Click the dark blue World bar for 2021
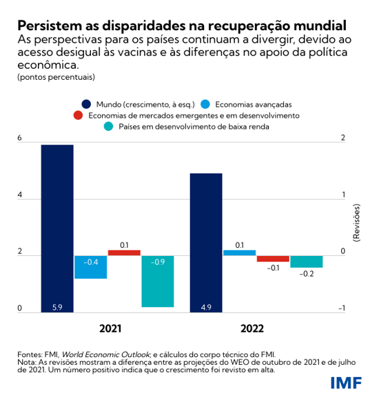click(x=57, y=227)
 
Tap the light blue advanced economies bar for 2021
click(x=90, y=267)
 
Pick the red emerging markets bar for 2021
click(x=124, y=253)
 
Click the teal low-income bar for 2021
click(x=158, y=281)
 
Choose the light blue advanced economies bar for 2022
click(x=239, y=253)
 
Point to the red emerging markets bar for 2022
click(x=273, y=259)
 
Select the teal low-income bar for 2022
click(x=307, y=261)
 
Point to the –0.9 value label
click(x=158, y=261)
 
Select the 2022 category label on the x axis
click(x=256, y=329)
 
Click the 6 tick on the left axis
click(x=20, y=138)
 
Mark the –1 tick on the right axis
click(x=342, y=309)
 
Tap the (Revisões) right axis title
click(x=356, y=222)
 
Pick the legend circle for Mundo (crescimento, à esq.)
click(x=86, y=103)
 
